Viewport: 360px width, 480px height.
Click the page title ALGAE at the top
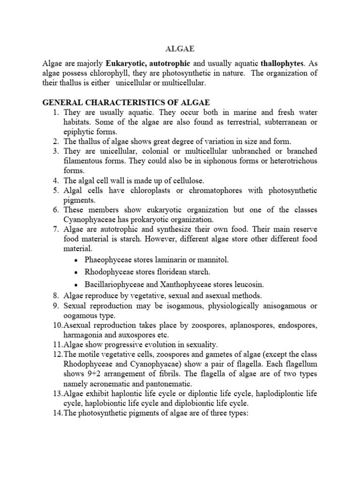[180, 48]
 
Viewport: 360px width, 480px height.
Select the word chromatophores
[220, 190]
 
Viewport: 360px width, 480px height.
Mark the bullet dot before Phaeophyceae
[76, 260]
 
